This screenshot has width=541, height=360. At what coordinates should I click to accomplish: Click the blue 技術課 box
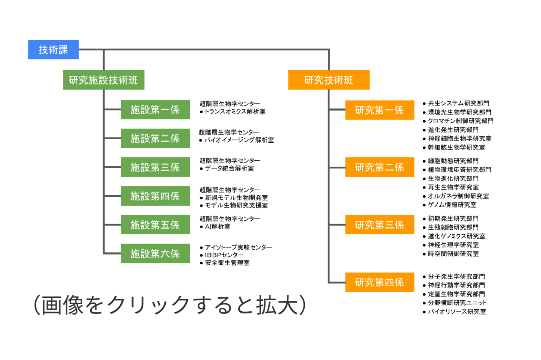coord(53,50)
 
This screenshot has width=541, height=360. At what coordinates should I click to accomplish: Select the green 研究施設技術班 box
coord(103,80)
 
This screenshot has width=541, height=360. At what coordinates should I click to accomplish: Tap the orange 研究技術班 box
coord(329,80)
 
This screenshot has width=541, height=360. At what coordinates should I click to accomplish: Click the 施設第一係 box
coord(155,110)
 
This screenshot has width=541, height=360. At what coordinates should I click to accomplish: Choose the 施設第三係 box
coord(155,167)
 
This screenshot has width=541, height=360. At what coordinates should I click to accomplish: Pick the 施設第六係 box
coord(155,253)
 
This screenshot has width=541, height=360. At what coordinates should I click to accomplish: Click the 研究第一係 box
coord(379,110)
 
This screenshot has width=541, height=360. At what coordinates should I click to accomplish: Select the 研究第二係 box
coord(379,167)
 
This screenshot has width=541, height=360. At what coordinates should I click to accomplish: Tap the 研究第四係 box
coord(379,282)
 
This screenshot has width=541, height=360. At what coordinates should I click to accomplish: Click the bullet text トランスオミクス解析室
coord(235,111)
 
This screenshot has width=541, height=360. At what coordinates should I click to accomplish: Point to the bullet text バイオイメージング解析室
coord(239,140)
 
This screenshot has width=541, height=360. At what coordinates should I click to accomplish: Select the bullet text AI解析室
coord(218,227)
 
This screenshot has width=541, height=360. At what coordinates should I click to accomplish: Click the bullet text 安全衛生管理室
coord(227,263)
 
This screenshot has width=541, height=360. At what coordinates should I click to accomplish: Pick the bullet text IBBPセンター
coord(224,255)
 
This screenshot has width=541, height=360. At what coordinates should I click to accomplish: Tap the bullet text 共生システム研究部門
coord(458,103)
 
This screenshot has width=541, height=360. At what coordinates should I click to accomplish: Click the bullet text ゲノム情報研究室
coord(452,205)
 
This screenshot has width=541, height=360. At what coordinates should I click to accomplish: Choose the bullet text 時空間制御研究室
coord(453,254)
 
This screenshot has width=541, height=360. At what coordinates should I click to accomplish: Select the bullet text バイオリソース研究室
coord(457,312)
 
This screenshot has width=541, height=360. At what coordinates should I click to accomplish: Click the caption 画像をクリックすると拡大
coord(170,304)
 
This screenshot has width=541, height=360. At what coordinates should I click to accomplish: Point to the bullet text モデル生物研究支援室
coord(236,205)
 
